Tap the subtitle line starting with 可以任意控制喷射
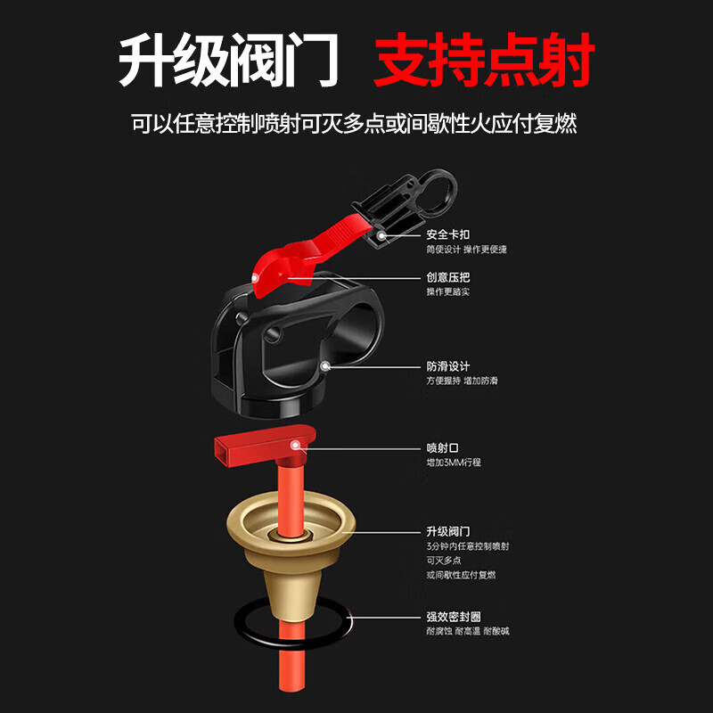pyautogui.click(x=354, y=123)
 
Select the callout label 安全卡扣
pyautogui.click(x=448, y=234)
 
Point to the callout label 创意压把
pyautogui.click(x=448, y=278)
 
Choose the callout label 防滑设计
pyautogui.click(x=448, y=366)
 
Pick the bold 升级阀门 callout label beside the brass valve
pyautogui.click(x=448, y=530)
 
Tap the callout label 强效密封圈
pyautogui.click(x=455, y=617)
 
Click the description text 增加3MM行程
pyautogui.click(x=454, y=463)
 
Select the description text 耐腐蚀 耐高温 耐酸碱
pyautogui.click(x=468, y=632)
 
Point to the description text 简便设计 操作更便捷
pyautogui.click(x=466, y=250)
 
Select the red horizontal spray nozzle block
pyautogui.click(x=258, y=448)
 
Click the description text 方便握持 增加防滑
pyautogui.click(x=463, y=381)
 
